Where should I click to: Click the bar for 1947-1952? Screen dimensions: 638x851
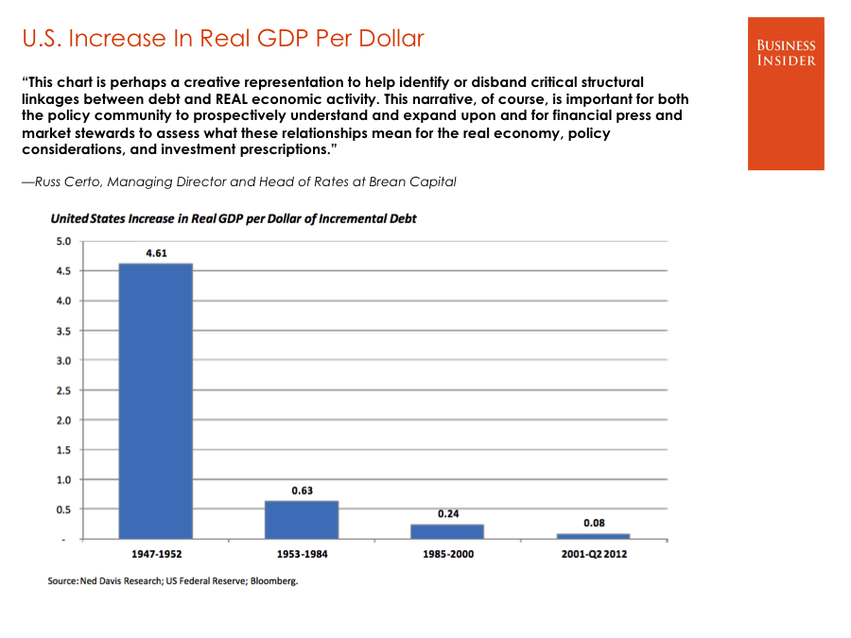click(155, 401)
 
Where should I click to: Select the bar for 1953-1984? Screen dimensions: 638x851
click(302, 520)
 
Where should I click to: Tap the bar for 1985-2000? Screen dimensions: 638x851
click(447, 531)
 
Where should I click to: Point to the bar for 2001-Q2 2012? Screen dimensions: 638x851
click(593, 536)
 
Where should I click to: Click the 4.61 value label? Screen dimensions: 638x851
click(156, 253)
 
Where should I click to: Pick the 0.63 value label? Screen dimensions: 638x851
click(302, 491)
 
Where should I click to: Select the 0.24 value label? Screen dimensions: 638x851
click(447, 513)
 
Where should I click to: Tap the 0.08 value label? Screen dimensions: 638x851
click(594, 523)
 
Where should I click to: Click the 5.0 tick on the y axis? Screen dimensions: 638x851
click(63, 242)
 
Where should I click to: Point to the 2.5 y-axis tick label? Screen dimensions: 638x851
click(63, 390)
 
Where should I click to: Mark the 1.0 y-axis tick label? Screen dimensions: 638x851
click(63, 479)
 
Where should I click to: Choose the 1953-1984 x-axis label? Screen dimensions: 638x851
click(302, 554)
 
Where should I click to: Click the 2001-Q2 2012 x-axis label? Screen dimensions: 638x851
click(593, 554)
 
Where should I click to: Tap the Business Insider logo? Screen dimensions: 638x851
click(786, 93)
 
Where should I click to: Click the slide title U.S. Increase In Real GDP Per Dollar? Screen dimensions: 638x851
click(223, 39)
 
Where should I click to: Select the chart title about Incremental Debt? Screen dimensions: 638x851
click(234, 218)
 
